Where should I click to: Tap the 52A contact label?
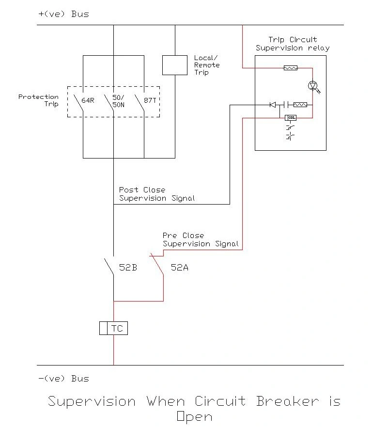click(179, 267)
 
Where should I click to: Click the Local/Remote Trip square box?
click(174, 65)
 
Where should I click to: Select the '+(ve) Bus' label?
click(63, 14)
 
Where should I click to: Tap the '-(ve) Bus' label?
click(63, 378)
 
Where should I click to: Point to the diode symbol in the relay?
click(273, 104)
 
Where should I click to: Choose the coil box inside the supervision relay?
click(291, 117)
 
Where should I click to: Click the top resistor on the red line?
click(290, 68)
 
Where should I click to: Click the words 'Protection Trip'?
click(38, 100)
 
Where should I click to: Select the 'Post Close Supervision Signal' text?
click(156, 194)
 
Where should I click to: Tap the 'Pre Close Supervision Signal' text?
click(201, 239)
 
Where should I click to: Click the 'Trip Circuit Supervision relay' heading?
click(293, 44)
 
